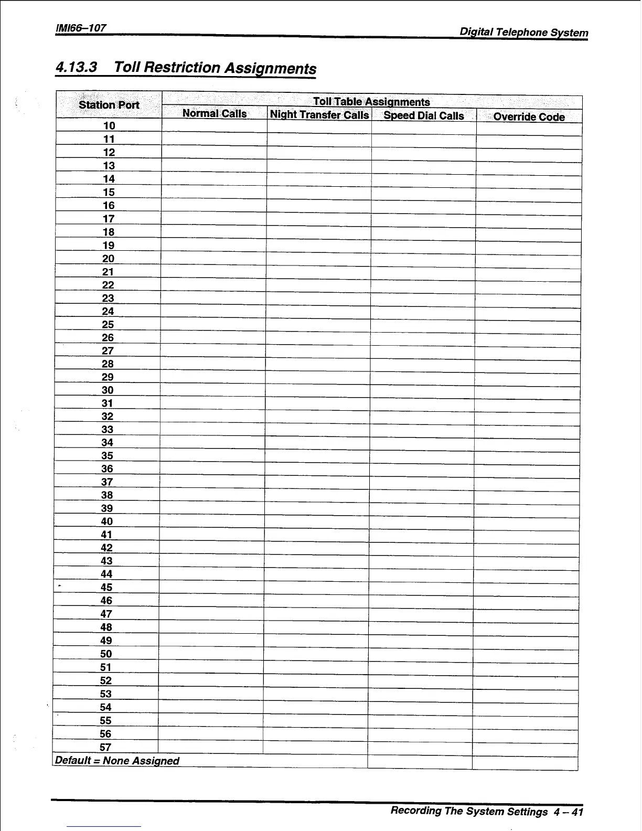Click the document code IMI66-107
coord(81,27)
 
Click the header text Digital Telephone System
coord(523,32)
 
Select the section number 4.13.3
coord(77,67)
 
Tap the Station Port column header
coord(109,105)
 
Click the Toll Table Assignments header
coord(371,102)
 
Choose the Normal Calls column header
coord(214,114)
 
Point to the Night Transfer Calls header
coord(319,115)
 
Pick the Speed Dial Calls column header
coord(424,115)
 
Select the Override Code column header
coord(529,117)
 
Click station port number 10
coord(109,126)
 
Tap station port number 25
coord(108,325)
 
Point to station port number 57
coord(105,747)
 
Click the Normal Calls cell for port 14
coord(213,179)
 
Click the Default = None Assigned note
coord(117,761)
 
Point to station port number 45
coord(106,588)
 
